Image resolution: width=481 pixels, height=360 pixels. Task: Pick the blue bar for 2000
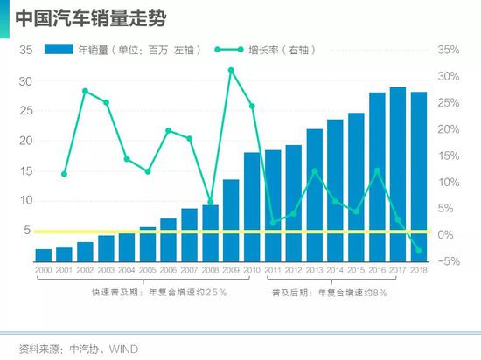[44, 255]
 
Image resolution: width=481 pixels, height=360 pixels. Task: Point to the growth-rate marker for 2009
[231, 69]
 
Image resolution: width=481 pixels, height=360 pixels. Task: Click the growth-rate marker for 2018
[419, 251]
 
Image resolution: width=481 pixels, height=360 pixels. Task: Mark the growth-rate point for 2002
[85, 90]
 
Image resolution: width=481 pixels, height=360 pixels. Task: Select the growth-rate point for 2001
[64, 174]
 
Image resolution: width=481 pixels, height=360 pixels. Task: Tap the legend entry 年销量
[122, 51]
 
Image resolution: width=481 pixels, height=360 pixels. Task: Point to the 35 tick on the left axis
[25, 51]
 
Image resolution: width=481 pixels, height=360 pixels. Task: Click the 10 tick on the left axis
[25, 200]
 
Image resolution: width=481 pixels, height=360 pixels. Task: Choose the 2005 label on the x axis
[148, 272]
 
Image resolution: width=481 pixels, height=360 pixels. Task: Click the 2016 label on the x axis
[377, 272]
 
